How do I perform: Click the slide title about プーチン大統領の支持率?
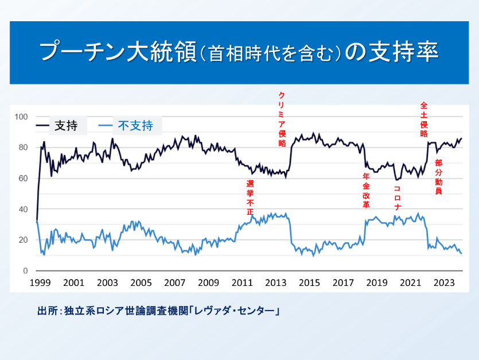coord(239,52)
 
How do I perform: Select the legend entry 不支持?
coord(135,125)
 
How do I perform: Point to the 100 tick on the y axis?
coord(21,117)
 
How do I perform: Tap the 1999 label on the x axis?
coord(40,282)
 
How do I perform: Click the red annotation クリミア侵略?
coord(282,119)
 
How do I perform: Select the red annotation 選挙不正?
coord(250,198)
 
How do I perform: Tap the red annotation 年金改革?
coord(366,191)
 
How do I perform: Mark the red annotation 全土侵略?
coord(424,119)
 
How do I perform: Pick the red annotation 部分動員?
coord(439,177)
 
